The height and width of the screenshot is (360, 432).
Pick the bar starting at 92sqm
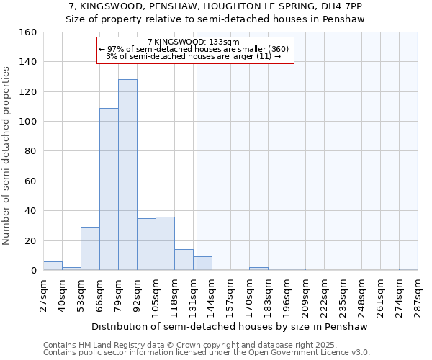point(146,244)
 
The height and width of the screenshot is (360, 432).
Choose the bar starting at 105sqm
point(165,243)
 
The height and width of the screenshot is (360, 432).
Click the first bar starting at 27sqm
point(53,266)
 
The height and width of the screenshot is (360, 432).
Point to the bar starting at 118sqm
point(184,260)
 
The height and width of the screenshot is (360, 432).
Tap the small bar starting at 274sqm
point(408,269)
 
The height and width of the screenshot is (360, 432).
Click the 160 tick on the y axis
point(28,32)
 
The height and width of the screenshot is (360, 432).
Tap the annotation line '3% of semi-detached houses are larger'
point(193,56)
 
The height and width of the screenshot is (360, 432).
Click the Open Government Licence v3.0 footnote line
point(207,352)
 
